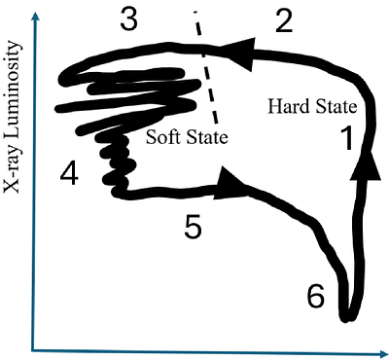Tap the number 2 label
click(283, 20)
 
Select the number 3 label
click(130, 19)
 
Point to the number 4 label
click(68, 174)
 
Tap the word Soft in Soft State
click(163, 137)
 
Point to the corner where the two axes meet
click(36, 347)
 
